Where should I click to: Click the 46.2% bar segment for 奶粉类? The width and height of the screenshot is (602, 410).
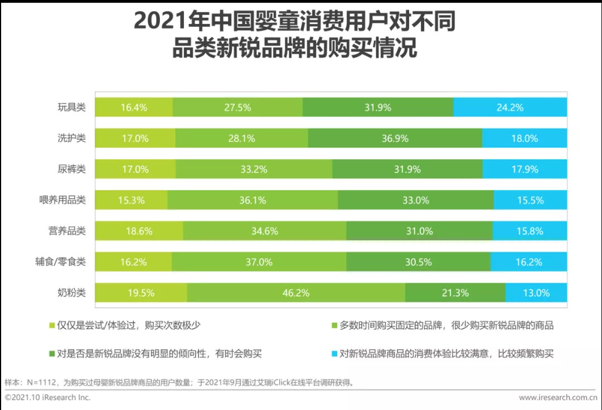(x=296, y=293)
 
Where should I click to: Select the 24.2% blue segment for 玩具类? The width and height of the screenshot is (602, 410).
(x=510, y=107)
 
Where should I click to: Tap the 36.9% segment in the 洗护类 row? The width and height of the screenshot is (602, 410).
(x=395, y=139)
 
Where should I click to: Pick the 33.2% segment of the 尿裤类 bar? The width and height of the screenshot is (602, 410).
(x=254, y=169)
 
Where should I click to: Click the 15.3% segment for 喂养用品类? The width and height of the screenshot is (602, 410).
(x=131, y=200)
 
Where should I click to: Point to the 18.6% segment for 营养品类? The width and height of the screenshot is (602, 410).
(x=139, y=231)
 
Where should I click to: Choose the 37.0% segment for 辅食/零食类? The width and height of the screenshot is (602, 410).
(x=259, y=262)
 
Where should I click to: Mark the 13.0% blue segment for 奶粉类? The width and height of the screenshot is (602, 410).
(x=536, y=293)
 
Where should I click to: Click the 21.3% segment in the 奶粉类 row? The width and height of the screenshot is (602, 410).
(x=455, y=293)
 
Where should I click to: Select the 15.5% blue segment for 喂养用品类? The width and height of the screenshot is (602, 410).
(x=530, y=200)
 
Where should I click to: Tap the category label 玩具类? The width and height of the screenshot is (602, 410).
(x=72, y=107)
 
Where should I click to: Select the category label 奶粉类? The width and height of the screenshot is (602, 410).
(x=72, y=293)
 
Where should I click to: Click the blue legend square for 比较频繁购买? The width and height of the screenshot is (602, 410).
(x=334, y=354)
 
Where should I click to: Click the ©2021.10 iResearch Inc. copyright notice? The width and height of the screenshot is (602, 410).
(x=47, y=398)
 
